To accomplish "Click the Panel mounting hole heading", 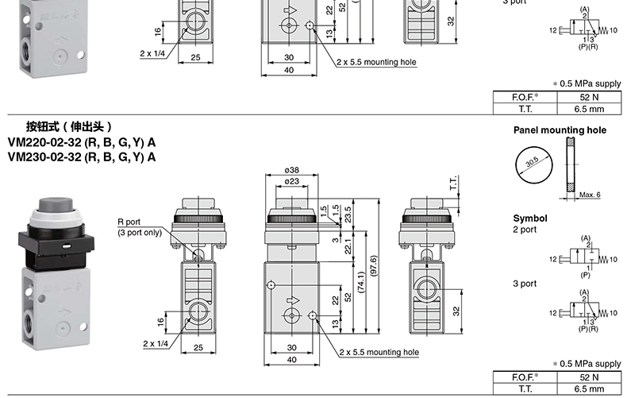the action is (560, 130).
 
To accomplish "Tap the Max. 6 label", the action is (590, 195).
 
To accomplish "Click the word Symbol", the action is (530, 218).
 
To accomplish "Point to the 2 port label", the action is (525, 230).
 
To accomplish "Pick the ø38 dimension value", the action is (291, 170).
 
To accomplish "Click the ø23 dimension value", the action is (291, 181).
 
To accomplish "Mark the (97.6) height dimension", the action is (374, 265).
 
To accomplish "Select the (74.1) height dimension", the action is (361, 282).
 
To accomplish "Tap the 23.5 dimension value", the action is (348, 214).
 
